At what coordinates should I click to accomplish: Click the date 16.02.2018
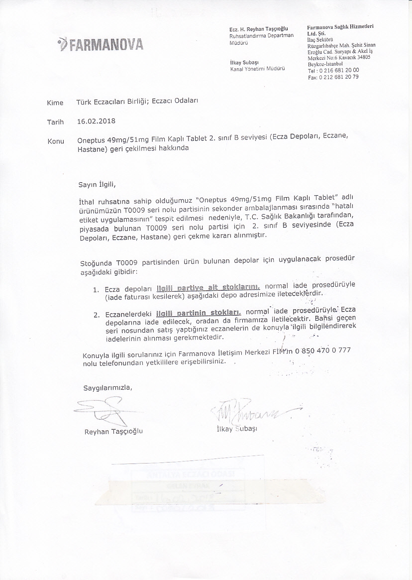pyautogui.click(x=96, y=121)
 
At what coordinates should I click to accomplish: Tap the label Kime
pyautogui.click(x=55, y=103)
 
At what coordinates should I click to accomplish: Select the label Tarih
pyautogui.click(x=55, y=122)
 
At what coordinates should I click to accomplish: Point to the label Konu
pyautogui.click(x=55, y=141)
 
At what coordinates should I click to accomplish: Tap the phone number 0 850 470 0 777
pyautogui.click(x=323, y=350)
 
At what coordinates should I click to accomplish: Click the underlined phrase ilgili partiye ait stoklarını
pyautogui.click(x=208, y=287)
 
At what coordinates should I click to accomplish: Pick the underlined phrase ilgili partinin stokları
pyautogui.click(x=199, y=313)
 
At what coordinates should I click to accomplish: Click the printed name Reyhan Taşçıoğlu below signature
pyautogui.click(x=113, y=431)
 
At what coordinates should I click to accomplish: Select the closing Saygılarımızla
pyautogui.click(x=108, y=387)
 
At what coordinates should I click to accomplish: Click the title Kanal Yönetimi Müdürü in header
pyautogui.click(x=257, y=69)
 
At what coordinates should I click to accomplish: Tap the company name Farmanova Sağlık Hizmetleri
pyautogui.click(x=340, y=26)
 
